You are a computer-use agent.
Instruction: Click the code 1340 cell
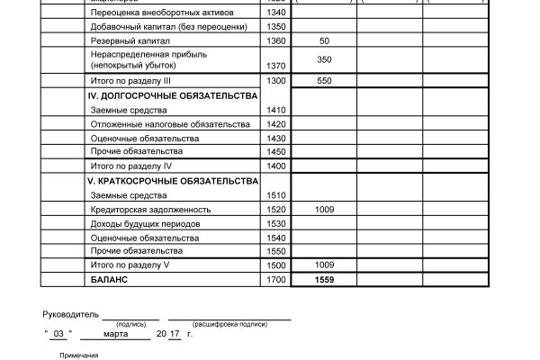coord(275,13)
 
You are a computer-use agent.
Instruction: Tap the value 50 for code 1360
coord(323,41)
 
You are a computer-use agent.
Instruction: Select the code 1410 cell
coord(275,110)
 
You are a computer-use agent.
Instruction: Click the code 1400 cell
coord(275,166)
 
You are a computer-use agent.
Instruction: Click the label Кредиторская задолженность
coord(143,210)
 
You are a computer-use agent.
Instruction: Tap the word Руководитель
coord(69,315)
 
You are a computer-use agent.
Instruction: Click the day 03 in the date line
coord(58,334)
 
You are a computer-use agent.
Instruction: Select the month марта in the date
coord(116,334)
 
